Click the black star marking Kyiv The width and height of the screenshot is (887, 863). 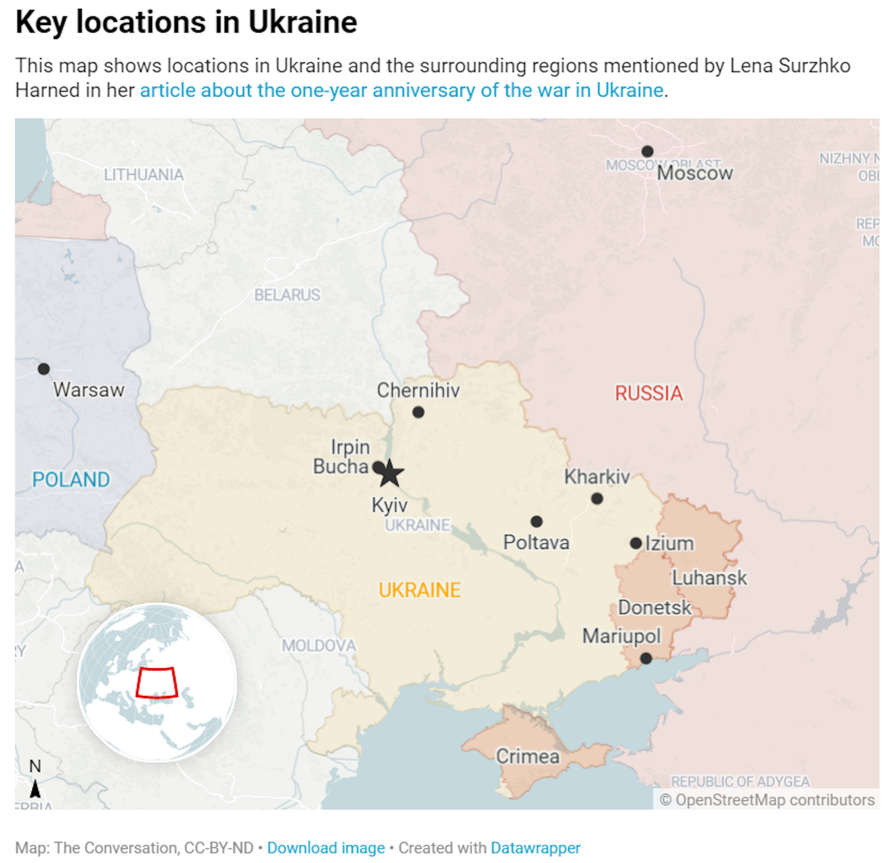click(390, 474)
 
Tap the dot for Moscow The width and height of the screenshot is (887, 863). click(647, 151)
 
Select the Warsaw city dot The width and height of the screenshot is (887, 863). click(44, 369)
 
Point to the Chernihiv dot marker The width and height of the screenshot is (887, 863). click(418, 412)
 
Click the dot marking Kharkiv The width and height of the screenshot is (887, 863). click(597, 499)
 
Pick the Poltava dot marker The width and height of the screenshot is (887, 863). click(536, 522)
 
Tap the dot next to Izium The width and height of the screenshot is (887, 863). click(636, 543)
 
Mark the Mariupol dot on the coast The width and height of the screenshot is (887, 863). click(646, 658)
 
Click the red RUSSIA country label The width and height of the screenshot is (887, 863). click(649, 393)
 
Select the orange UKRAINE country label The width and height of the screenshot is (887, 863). click(419, 590)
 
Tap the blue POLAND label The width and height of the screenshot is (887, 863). click(71, 480)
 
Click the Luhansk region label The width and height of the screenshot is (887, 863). click(709, 578)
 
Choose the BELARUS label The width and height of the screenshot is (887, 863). click(287, 295)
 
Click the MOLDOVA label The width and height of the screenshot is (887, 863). click(319, 646)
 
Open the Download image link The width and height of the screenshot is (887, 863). click(326, 848)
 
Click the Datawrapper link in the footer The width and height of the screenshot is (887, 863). click(535, 848)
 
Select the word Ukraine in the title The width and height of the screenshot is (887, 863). click(303, 22)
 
